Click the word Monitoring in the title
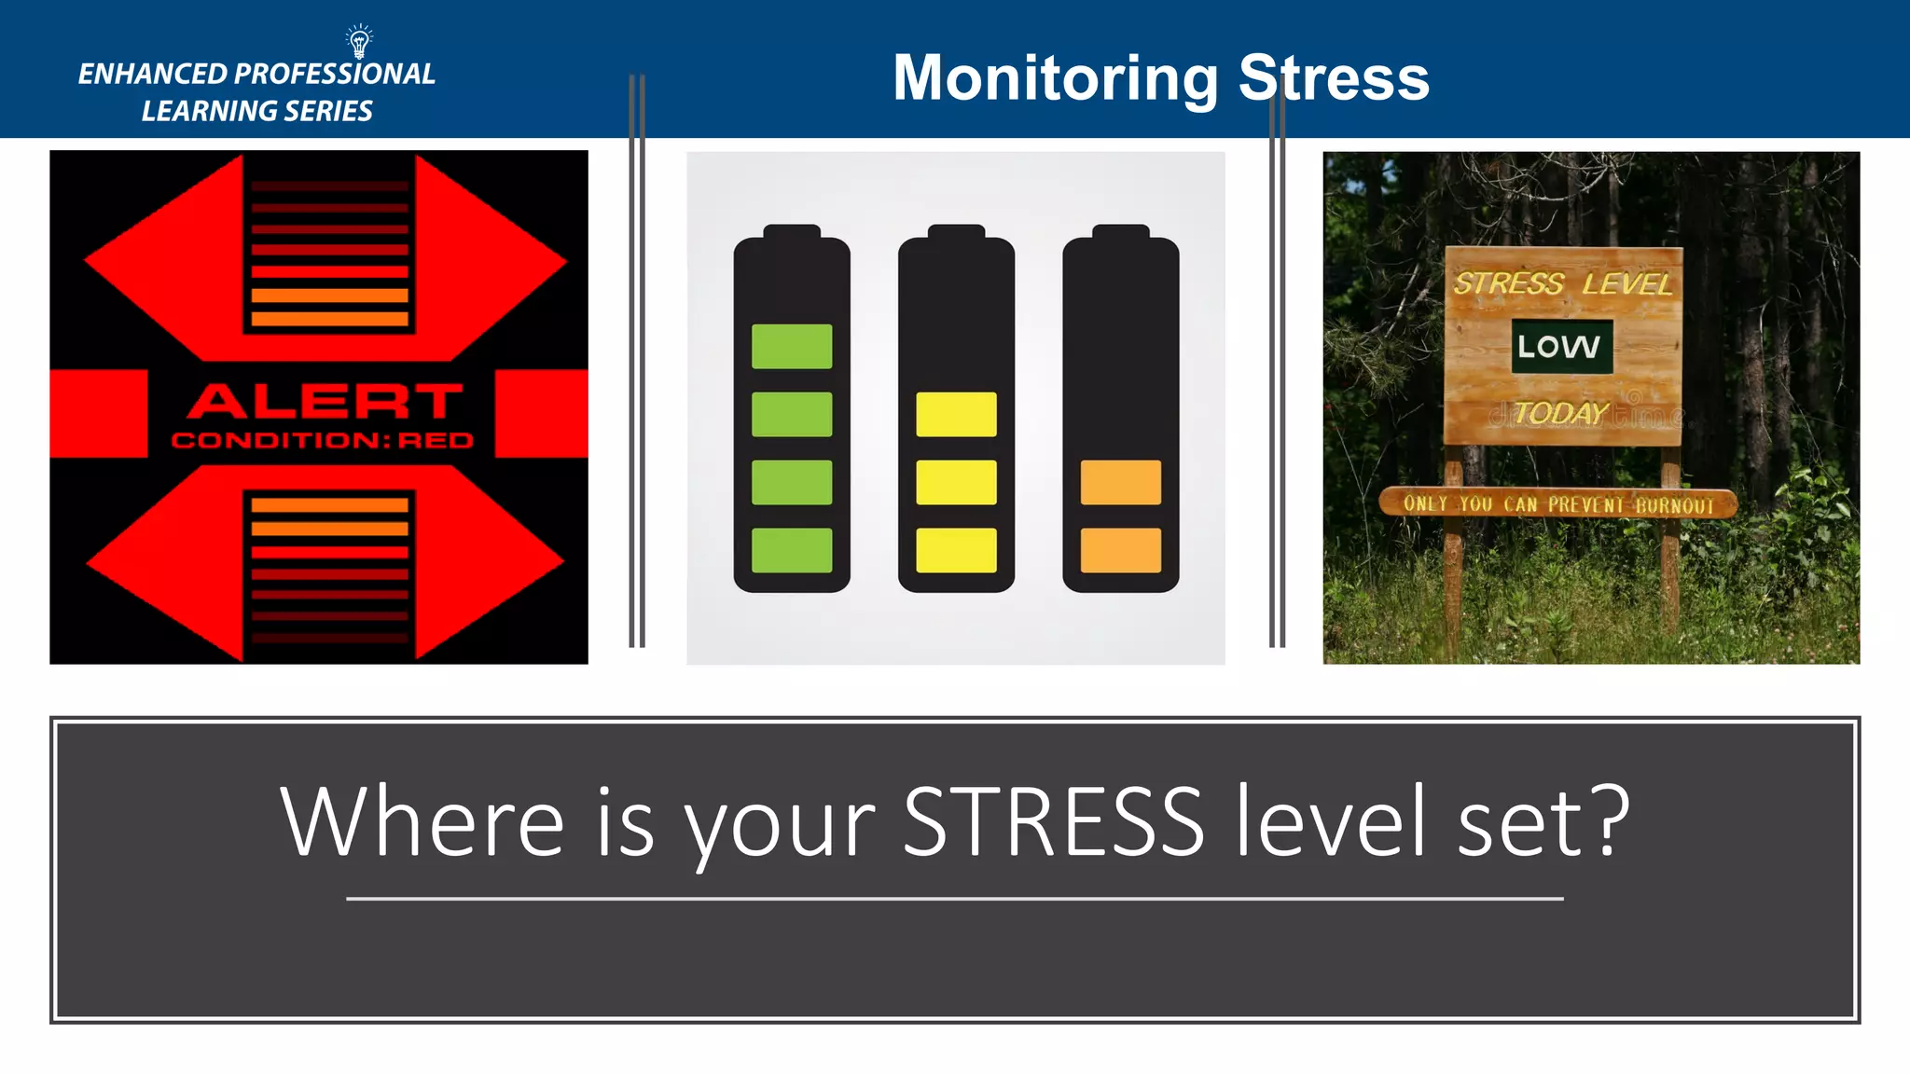(1055, 78)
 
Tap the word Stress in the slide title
(1334, 78)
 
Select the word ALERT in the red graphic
(324, 402)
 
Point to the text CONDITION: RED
(323, 440)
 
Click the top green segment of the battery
(792, 346)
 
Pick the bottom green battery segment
(792, 550)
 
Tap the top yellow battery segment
(956, 414)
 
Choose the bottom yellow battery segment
(956, 550)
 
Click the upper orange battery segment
(1120, 482)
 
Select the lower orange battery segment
(1120, 550)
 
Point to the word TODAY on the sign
(1560, 412)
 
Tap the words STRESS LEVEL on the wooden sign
(1562, 282)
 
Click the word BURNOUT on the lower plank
(1674, 505)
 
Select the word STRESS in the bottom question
(1053, 822)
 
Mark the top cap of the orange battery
(1120, 231)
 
